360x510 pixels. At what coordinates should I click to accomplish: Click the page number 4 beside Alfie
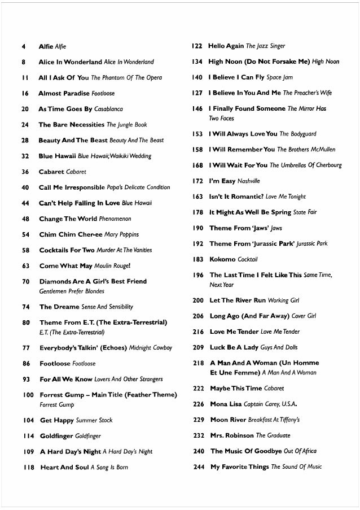(x=23, y=46)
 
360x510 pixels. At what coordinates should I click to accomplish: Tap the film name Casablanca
(x=108, y=109)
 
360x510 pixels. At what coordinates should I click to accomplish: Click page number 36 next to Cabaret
(x=25, y=172)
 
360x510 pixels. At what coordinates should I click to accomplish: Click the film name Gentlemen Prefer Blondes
(x=72, y=291)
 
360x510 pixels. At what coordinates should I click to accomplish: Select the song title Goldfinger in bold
(x=56, y=436)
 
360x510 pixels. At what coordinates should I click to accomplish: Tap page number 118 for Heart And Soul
(x=29, y=468)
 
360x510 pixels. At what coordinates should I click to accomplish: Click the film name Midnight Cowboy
(x=151, y=348)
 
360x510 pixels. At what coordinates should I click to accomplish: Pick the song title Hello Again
(x=226, y=46)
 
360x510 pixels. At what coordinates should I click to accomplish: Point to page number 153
(x=197, y=134)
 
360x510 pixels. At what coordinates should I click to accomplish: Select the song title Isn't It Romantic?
(x=236, y=197)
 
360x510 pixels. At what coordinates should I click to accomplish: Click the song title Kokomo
(x=222, y=259)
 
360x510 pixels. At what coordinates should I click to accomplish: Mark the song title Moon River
(x=227, y=420)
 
